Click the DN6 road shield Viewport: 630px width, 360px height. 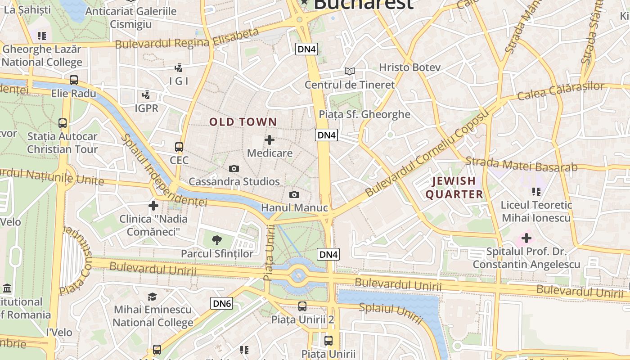(x=222, y=304)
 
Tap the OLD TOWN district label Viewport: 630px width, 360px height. (x=243, y=122)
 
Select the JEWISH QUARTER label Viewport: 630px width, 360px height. (x=454, y=188)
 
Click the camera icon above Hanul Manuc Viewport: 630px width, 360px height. (x=294, y=194)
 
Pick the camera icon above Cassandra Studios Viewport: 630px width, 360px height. (x=234, y=168)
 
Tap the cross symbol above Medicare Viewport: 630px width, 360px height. (x=270, y=140)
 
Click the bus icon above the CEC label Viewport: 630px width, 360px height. (x=179, y=147)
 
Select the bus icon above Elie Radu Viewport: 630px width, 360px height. (x=74, y=80)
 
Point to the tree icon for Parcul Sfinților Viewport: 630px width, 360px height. (x=217, y=240)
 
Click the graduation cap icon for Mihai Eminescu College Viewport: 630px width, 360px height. (x=153, y=297)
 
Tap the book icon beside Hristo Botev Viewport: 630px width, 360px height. (x=349, y=71)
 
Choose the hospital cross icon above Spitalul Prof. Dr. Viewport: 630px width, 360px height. (x=526, y=237)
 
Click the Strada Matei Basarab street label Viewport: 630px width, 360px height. (x=522, y=164)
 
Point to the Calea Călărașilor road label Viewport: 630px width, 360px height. (x=561, y=91)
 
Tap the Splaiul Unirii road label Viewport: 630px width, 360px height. (x=391, y=314)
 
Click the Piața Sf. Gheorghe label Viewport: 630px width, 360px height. (x=364, y=114)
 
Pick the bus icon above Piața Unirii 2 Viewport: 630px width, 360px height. (x=302, y=306)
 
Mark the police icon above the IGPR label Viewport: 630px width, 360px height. (x=146, y=95)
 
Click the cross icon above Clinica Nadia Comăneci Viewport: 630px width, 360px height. (x=153, y=206)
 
